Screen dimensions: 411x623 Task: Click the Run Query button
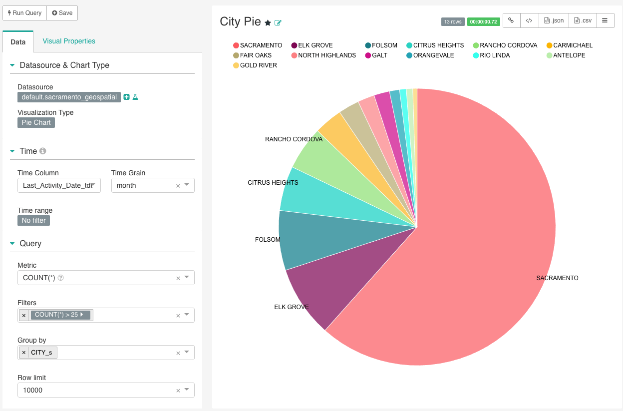(x=25, y=13)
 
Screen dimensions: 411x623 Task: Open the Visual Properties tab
(x=69, y=41)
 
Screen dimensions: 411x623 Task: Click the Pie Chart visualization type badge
(x=36, y=122)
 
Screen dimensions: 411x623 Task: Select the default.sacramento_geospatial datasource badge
(x=69, y=97)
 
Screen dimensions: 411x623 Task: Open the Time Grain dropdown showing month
(x=152, y=185)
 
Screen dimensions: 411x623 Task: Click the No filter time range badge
(x=33, y=220)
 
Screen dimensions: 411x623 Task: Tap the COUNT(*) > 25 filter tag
(x=59, y=315)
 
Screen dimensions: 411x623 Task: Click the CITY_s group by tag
(x=41, y=353)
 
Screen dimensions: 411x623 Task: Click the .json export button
(x=554, y=20)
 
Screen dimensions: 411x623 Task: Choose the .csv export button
(x=583, y=20)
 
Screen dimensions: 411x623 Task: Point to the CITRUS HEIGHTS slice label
(x=273, y=183)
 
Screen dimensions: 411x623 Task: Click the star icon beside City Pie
(x=268, y=22)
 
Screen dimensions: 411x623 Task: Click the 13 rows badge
(x=453, y=22)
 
